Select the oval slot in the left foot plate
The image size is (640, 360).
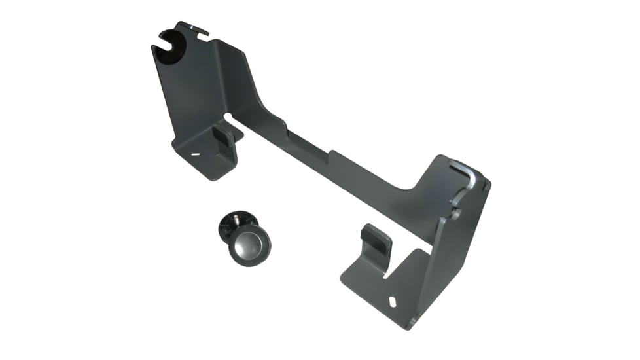tap(194, 155)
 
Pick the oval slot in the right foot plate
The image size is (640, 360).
tap(392, 302)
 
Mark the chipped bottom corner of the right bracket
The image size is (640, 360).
tap(412, 323)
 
